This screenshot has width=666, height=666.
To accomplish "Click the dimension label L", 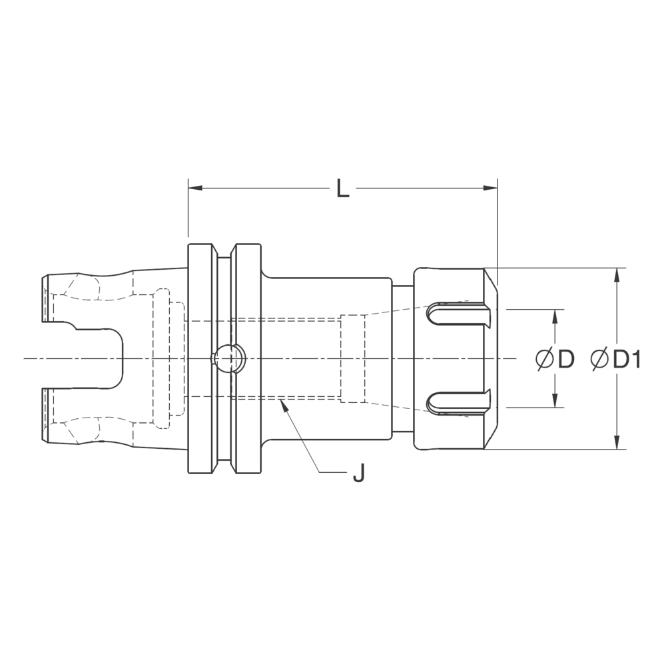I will coord(342,189).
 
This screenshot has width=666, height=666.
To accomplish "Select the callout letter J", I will coord(358,474).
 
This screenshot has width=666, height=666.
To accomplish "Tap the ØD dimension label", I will coord(555,359).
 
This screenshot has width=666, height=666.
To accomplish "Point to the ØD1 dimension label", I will coord(616,359).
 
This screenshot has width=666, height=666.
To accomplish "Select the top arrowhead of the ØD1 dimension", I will coord(619,274).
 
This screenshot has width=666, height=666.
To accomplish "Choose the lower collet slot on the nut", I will coord(458,402).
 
